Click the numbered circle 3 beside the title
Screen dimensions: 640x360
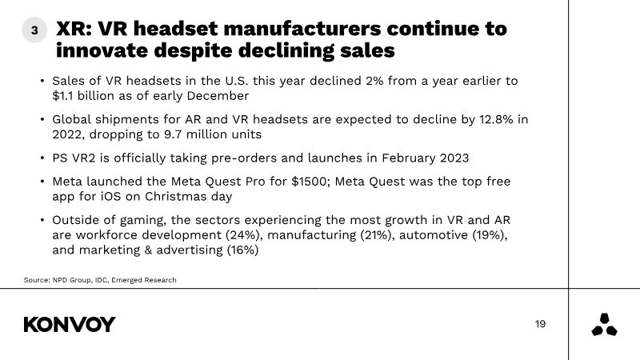[x=34, y=30]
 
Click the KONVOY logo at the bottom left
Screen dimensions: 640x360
[x=70, y=325]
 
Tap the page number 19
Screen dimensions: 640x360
[x=541, y=324]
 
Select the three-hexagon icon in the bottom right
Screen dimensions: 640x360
[x=604, y=325]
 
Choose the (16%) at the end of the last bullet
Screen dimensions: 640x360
[x=242, y=250]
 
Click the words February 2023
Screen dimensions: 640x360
[x=426, y=158]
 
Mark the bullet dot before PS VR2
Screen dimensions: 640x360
[x=42, y=158]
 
